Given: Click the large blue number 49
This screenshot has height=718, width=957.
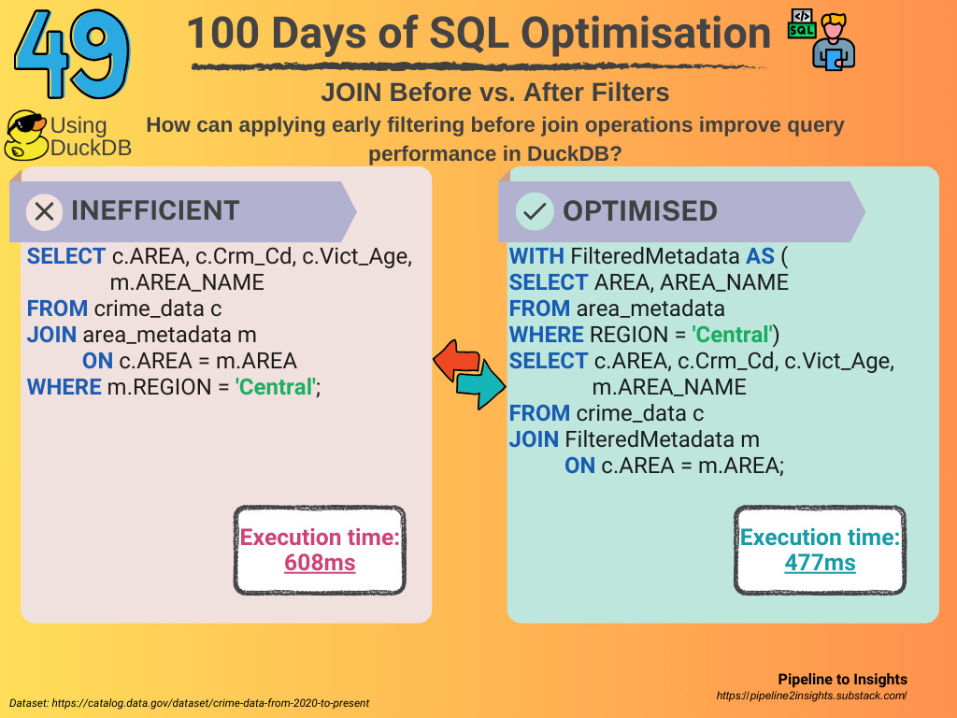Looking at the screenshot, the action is [72, 53].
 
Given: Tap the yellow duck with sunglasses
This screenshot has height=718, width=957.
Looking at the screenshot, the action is [25, 136].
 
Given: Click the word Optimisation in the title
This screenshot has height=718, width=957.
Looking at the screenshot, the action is [646, 34].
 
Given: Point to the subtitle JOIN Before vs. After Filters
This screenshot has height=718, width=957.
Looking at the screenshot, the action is [495, 93].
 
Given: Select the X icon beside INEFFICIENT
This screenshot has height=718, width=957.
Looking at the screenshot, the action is [45, 212].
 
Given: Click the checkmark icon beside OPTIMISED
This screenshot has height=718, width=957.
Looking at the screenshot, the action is [535, 211].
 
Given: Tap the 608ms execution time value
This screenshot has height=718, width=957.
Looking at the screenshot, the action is [320, 562].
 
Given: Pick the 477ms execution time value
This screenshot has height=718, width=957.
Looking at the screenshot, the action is [820, 562].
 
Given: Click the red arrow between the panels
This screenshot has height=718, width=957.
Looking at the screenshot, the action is [456, 360].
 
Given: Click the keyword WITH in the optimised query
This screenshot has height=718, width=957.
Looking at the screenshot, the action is [536, 256].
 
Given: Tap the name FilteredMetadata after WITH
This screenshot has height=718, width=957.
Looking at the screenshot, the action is [655, 256].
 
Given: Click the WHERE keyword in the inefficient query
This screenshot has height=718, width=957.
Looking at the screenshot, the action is [64, 387].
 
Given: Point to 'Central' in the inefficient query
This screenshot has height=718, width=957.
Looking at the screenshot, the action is [276, 387].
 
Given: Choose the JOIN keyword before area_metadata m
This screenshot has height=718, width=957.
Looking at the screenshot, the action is [52, 335].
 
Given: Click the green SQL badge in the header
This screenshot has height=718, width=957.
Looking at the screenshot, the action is [802, 23].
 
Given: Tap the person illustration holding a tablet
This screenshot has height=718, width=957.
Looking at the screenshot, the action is [834, 41].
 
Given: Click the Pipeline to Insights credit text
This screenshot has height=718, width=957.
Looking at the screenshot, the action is [842, 680].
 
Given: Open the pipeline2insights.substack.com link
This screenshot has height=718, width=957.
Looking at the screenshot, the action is [812, 696].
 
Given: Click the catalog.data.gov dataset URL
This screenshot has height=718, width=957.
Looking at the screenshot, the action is [210, 703].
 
